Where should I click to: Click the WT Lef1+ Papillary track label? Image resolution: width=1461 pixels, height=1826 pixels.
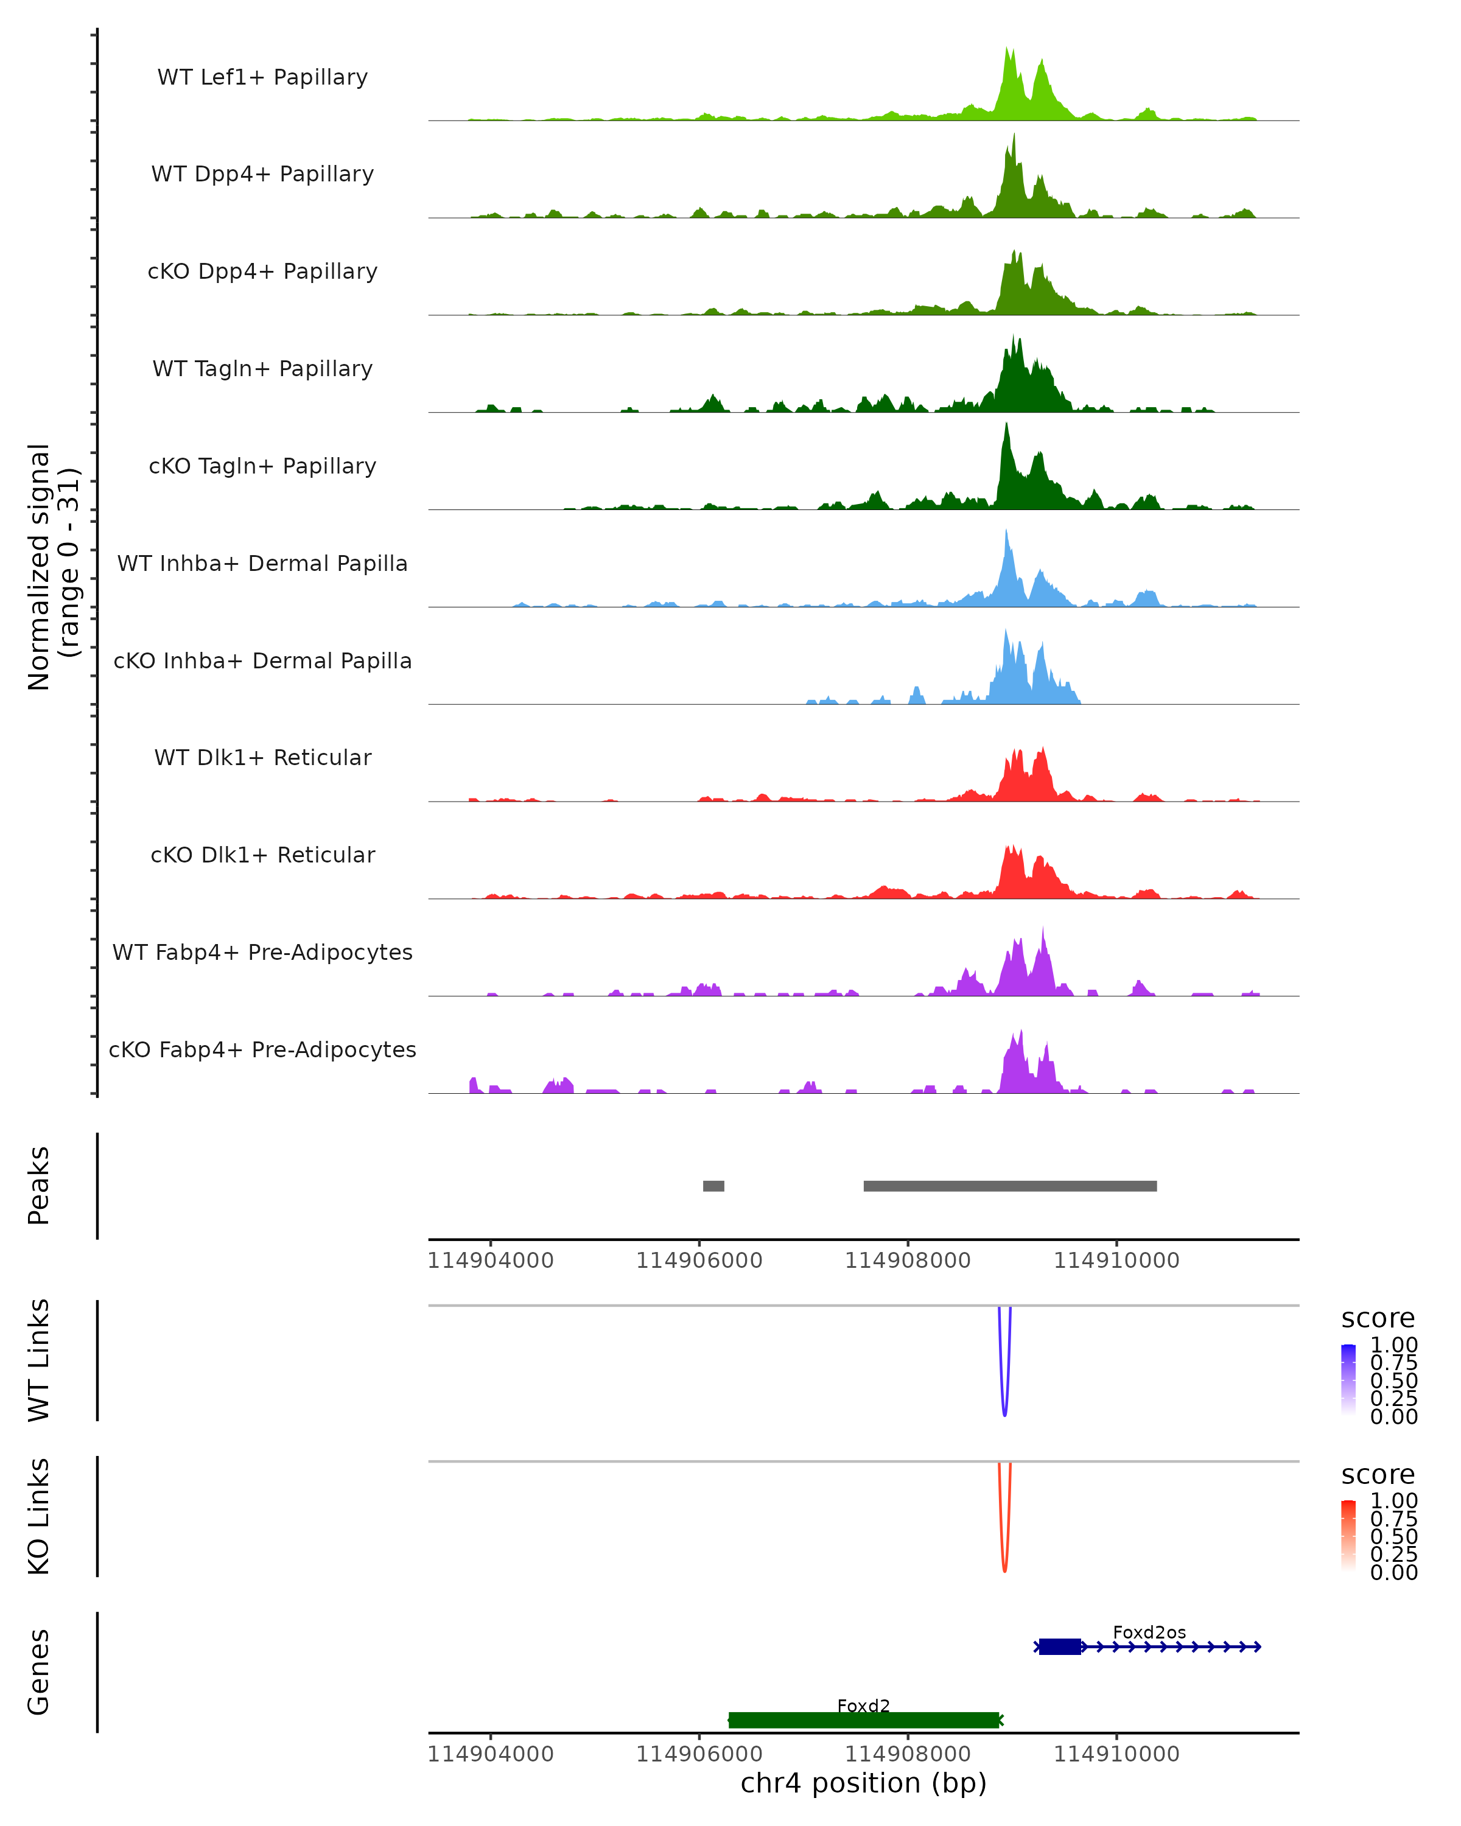pos(262,77)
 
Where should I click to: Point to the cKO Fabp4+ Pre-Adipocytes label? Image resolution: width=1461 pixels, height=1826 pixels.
pos(262,1049)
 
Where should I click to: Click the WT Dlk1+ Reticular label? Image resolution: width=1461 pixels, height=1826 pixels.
pos(262,757)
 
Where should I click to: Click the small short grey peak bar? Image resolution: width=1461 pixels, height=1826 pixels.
pos(713,1186)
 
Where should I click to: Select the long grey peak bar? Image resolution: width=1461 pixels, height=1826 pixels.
pos(1009,1186)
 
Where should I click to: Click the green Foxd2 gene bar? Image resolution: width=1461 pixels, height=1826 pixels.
pos(864,1720)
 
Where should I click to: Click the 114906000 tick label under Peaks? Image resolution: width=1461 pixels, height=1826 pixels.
pos(699,1261)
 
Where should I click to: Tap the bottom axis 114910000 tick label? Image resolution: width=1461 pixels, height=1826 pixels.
pos(1116,1754)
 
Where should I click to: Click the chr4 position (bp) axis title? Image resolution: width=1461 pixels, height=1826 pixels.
pos(863,1783)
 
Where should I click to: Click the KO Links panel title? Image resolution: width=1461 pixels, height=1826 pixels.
pos(39,1516)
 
